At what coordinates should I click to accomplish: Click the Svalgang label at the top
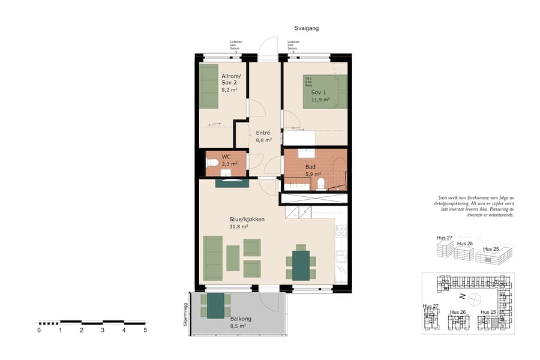[x=306, y=28]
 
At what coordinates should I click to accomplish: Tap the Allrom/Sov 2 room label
[x=231, y=79]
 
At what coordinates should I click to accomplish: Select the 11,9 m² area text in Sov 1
[x=320, y=100]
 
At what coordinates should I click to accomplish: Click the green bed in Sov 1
[x=325, y=91]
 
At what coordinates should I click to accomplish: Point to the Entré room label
[x=263, y=133]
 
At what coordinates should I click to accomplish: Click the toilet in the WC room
[x=212, y=162]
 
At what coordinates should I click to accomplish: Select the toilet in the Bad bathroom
[x=321, y=183]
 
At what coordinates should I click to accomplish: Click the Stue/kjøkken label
[x=247, y=220]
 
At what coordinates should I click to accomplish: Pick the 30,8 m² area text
[x=239, y=227]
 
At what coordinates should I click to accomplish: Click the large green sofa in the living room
[x=213, y=258]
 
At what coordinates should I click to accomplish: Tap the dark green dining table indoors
[x=301, y=265]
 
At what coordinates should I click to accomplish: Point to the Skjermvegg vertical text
[x=185, y=313]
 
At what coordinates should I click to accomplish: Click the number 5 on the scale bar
[x=145, y=330]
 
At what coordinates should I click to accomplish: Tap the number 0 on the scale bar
[x=39, y=330]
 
